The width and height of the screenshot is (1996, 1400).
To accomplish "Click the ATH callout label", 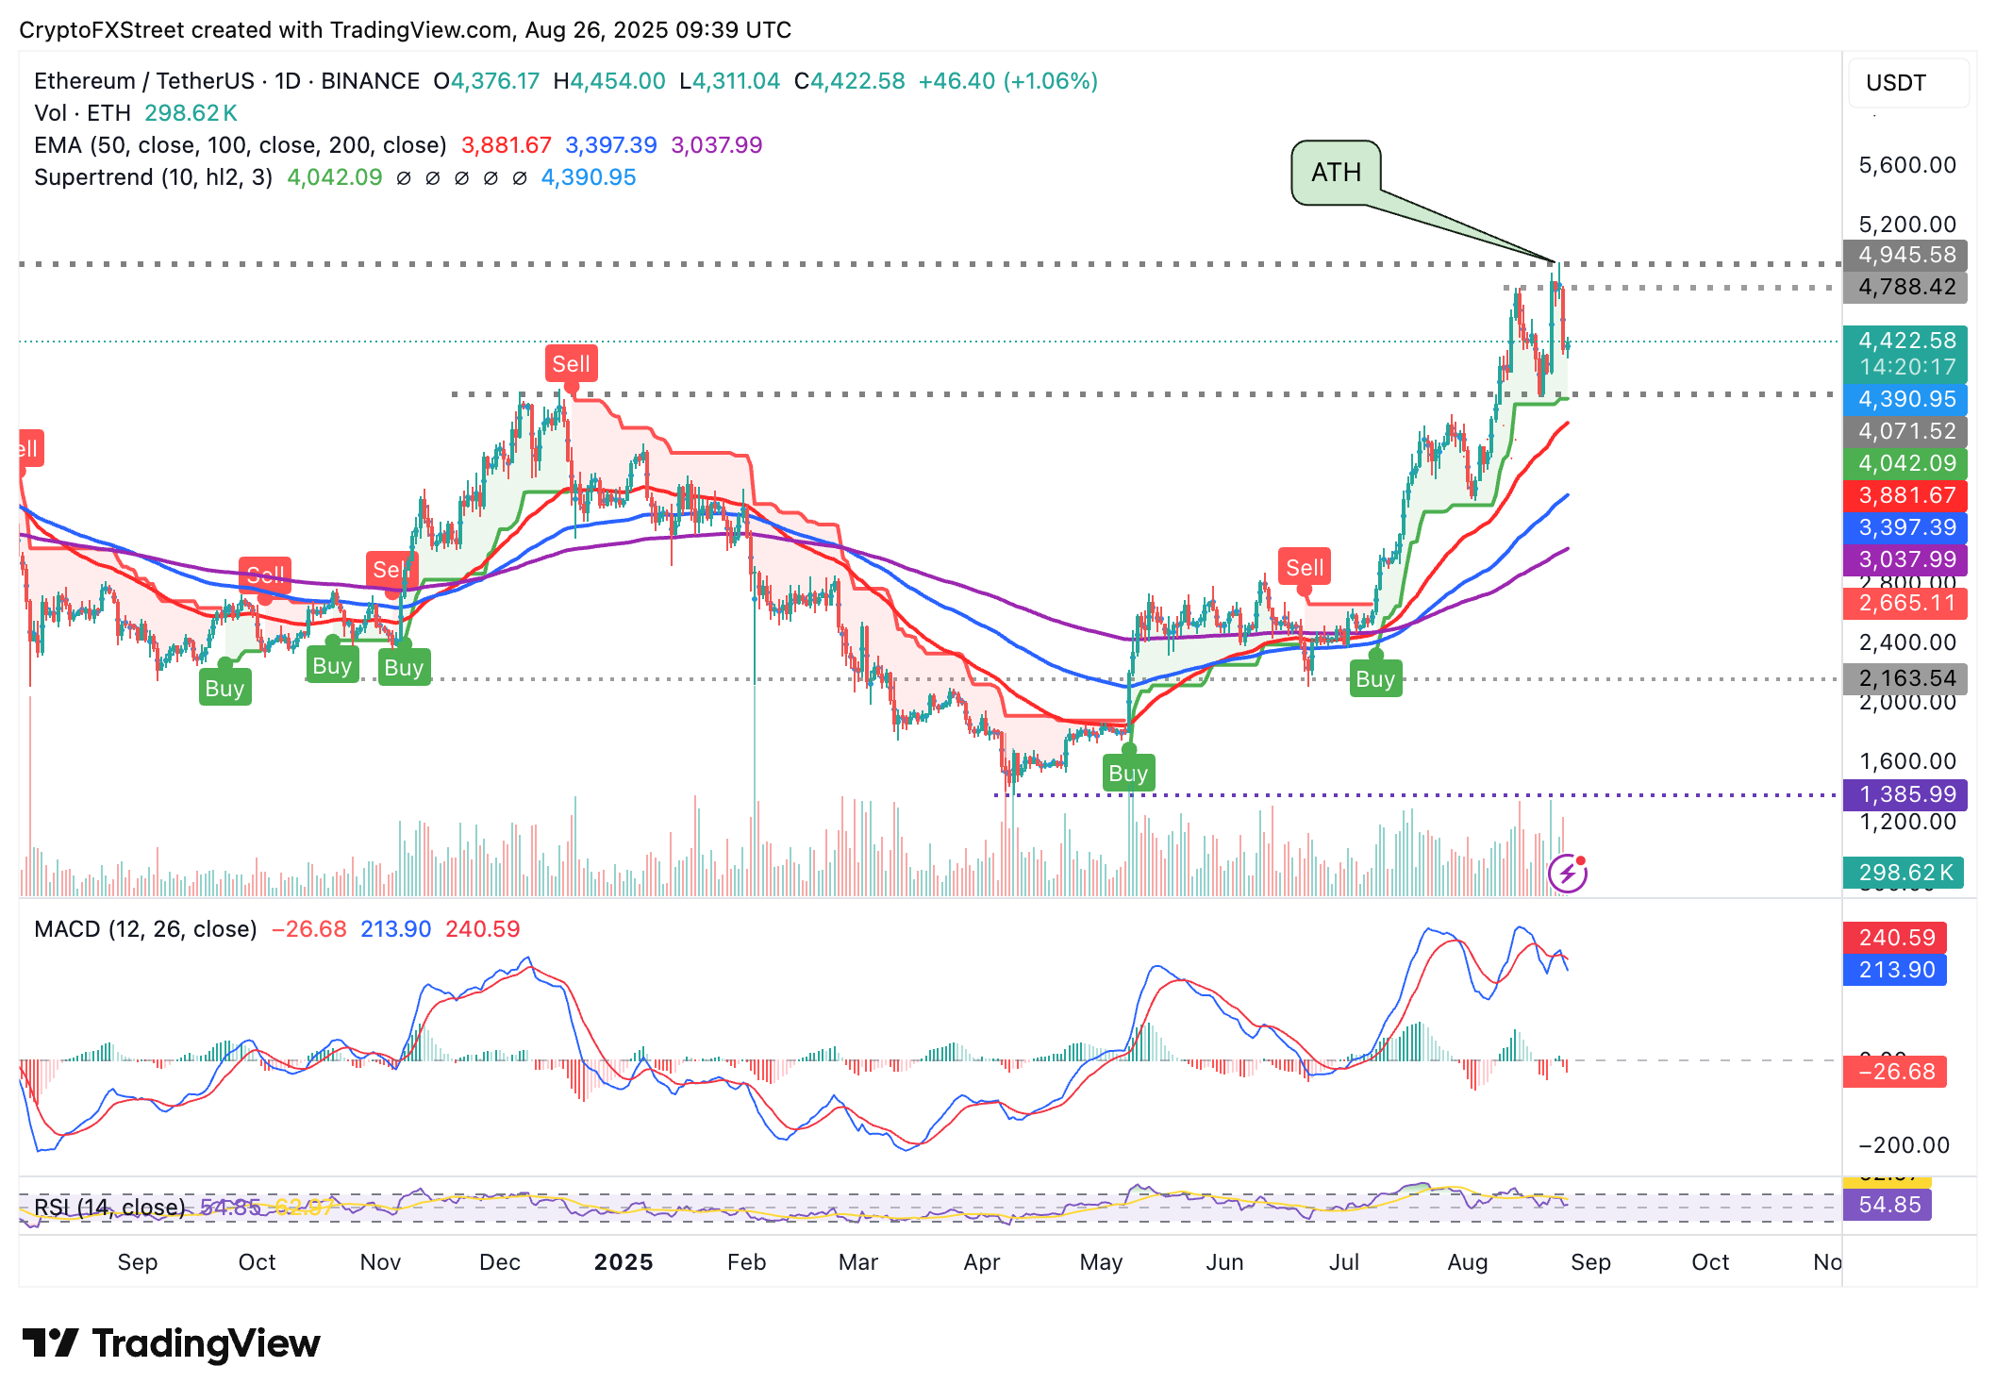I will coord(1336,173).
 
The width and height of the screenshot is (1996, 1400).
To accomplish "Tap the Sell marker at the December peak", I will coord(571,364).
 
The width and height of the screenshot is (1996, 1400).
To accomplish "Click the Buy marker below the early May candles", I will coord(1128,773).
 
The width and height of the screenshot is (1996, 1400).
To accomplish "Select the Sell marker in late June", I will coord(1305,568).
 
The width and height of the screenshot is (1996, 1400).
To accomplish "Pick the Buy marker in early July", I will coord(1375,679).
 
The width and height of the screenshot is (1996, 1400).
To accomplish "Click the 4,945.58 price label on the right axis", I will coord(1905,255).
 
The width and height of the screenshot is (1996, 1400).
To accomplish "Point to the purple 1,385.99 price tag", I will coord(1905,794).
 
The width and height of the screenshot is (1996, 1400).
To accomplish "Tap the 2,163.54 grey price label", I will coord(1905,678).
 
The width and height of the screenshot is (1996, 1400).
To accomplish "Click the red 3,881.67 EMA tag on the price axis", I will coord(1905,495).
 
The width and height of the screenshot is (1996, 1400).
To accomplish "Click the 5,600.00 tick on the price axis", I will coord(1906,165).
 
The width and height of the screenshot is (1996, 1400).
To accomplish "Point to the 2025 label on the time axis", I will coord(624,1262).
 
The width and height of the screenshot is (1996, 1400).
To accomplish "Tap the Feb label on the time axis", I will coord(746,1262).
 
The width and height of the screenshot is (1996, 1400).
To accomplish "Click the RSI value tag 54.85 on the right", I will coord(1888,1205).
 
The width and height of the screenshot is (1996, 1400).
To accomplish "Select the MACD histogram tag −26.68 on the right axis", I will coord(1896,1072).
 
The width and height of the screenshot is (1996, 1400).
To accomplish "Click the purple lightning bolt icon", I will coord(1568,873).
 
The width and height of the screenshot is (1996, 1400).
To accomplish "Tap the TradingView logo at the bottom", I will coord(171,1343).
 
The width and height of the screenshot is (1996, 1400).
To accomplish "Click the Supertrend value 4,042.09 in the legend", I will coord(335,177).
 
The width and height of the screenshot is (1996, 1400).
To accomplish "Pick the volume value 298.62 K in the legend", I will coord(191,113).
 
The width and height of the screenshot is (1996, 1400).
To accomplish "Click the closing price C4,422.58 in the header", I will coord(849,81).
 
